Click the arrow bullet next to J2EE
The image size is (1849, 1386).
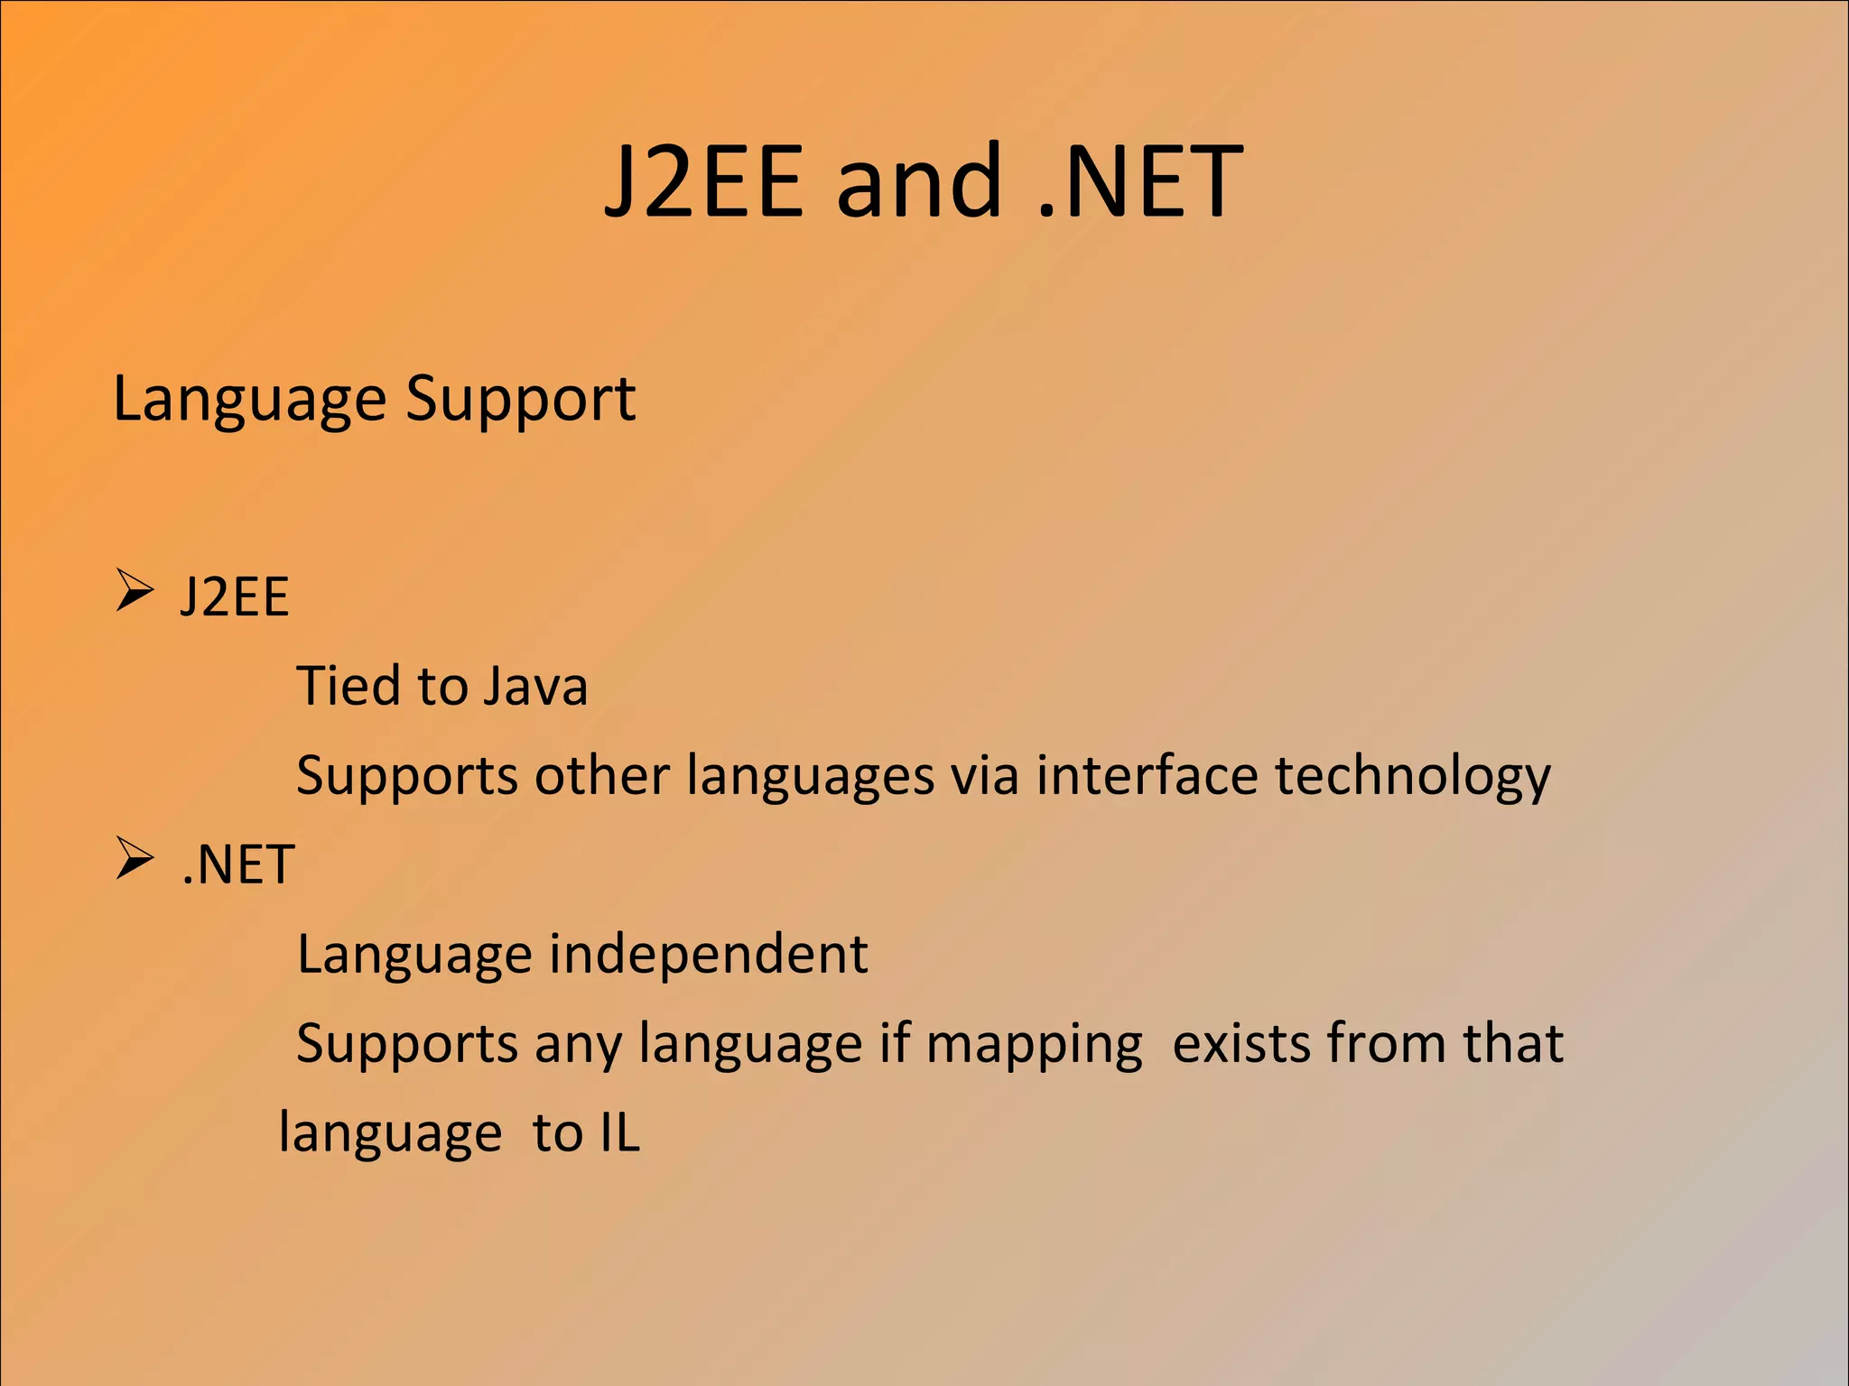pyautogui.click(x=135, y=592)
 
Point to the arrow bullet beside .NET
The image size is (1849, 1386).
pyautogui.click(x=135, y=859)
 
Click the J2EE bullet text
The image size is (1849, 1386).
pyautogui.click(x=235, y=596)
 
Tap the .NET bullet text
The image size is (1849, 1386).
pyautogui.click(x=238, y=864)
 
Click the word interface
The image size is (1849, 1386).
pyautogui.click(x=1146, y=775)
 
